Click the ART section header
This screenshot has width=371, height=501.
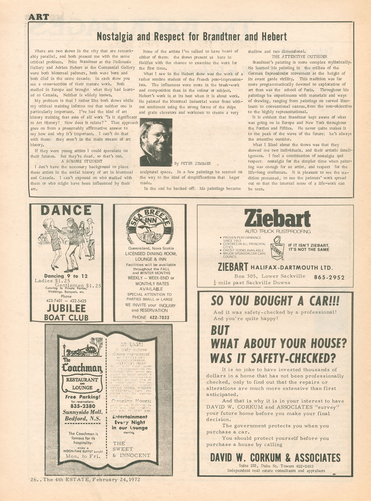39,17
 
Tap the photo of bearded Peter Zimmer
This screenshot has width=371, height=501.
156,142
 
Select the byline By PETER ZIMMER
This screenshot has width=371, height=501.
192,163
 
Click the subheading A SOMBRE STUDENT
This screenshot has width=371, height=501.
82,161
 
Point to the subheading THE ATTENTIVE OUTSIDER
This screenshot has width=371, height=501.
299,57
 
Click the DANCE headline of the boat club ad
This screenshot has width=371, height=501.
66,210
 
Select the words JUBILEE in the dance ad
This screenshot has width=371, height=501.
66,308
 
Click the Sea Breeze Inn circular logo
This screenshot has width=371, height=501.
150,225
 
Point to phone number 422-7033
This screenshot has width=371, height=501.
159,318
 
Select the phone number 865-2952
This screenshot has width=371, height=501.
329,277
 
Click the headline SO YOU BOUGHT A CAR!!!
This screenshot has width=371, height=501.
275,301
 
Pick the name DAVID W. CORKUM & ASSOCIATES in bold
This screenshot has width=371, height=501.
275,458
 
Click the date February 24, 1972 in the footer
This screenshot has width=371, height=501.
116,480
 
